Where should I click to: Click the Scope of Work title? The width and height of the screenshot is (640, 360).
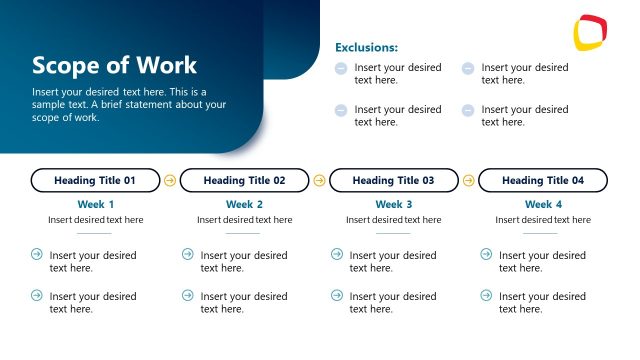[x=115, y=66]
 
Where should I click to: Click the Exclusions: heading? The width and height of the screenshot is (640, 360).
[x=366, y=47]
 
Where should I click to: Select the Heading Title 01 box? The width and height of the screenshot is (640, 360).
[x=95, y=181]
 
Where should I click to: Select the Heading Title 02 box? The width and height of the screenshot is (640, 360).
[x=244, y=181]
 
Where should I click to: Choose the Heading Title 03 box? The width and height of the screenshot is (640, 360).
[x=393, y=181]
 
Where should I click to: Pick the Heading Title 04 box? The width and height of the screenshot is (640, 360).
[x=543, y=181]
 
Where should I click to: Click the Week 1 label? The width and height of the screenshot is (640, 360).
[x=95, y=204]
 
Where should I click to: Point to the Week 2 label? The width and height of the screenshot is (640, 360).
[x=244, y=204]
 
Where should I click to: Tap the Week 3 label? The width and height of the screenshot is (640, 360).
[x=393, y=204]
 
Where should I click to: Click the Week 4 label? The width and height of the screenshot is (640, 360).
[x=543, y=204]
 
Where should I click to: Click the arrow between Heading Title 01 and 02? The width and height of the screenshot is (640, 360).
[x=169, y=181]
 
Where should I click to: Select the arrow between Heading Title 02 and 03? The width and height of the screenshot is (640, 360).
[x=319, y=181]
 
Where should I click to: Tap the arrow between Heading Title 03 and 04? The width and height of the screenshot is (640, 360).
[x=468, y=181]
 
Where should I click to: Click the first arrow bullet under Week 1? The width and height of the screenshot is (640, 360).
[x=37, y=254]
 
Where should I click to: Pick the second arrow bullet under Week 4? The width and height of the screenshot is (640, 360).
[x=486, y=295]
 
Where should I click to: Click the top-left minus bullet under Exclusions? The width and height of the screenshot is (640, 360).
[x=341, y=68]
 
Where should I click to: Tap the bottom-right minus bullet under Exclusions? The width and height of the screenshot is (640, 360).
[x=468, y=110]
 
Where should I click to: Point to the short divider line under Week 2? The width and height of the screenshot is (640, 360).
[x=244, y=233]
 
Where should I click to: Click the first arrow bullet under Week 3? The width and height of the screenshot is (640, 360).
[x=337, y=254]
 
